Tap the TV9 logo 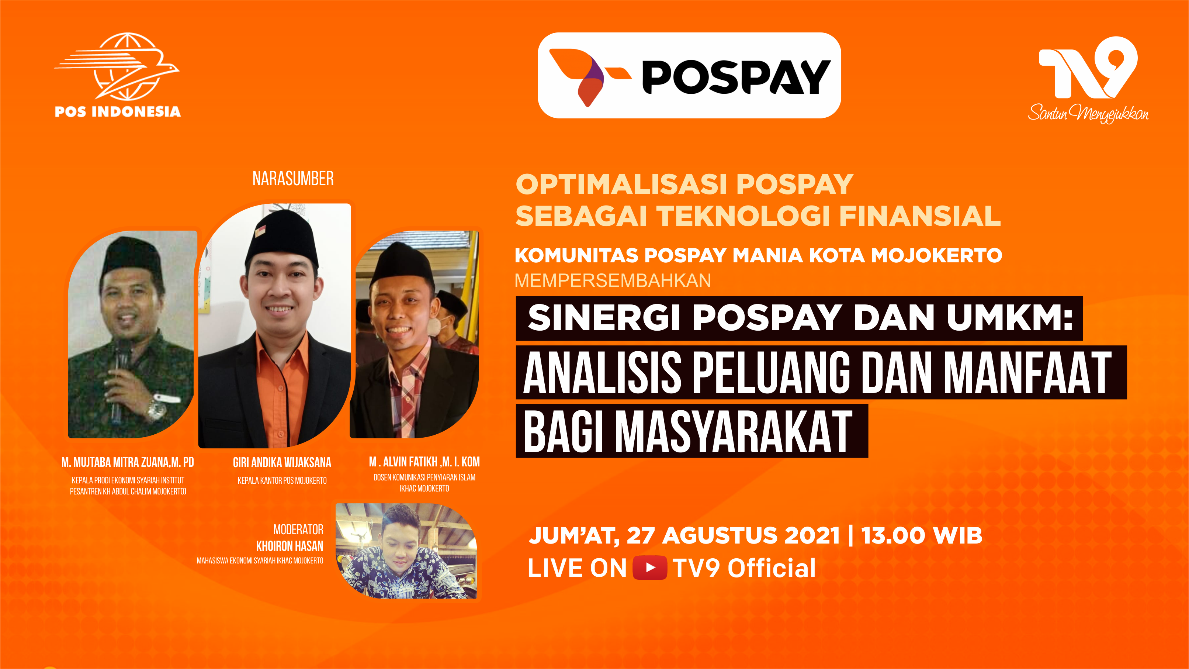point(1088,68)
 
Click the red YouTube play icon point(649,568)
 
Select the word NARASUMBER point(293,179)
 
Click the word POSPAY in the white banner point(736,77)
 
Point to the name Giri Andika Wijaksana point(282,462)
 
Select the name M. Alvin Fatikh point(403,462)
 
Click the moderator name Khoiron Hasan point(290,546)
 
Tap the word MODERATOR point(298,529)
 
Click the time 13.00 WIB point(922,535)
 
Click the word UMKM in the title point(1009,318)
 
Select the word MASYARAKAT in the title point(734,431)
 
